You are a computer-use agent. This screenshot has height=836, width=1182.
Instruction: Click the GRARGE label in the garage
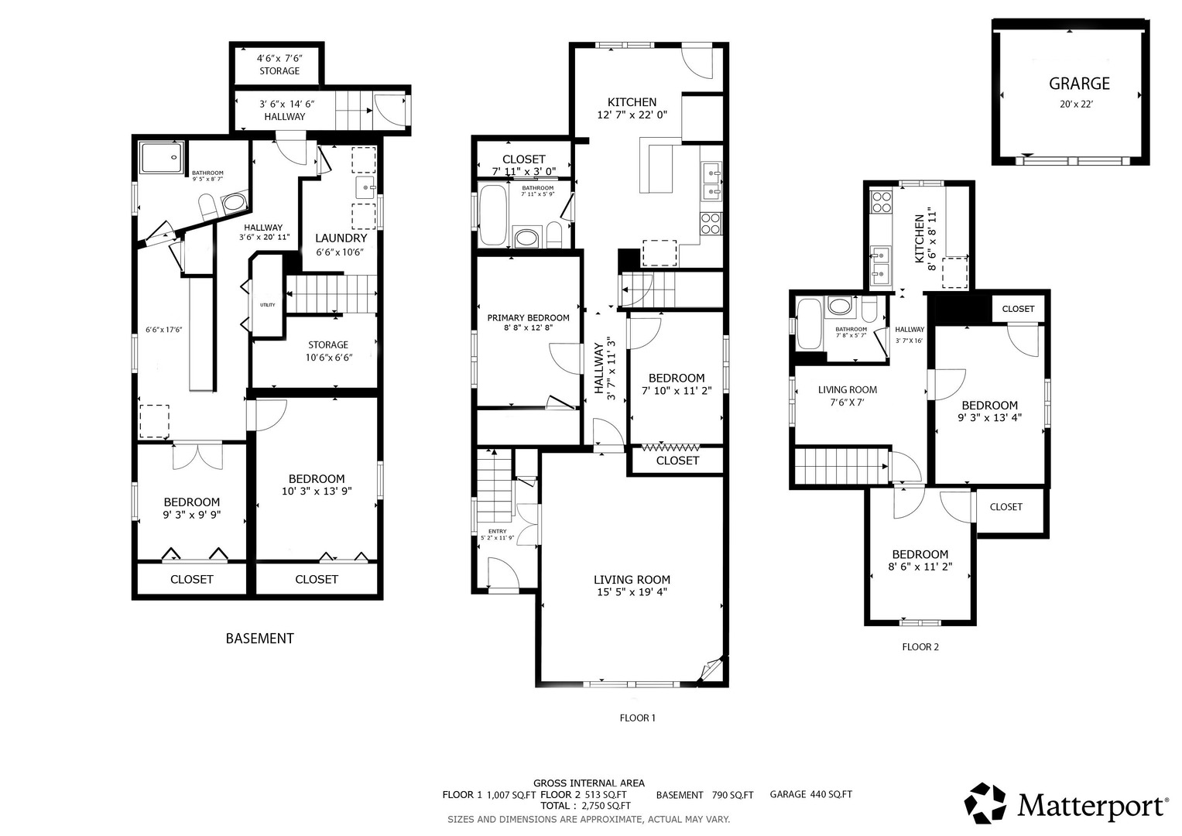[x=1079, y=84]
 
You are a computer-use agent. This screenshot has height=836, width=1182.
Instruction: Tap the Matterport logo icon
[x=985, y=803]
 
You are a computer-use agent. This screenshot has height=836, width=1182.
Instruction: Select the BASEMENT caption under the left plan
[x=259, y=639]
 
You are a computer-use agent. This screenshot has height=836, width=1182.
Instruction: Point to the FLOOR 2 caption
[x=920, y=647]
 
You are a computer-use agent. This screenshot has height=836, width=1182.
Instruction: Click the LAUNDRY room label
[x=341, y=238]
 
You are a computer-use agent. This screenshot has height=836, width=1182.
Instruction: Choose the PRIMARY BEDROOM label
[x=528, y=317]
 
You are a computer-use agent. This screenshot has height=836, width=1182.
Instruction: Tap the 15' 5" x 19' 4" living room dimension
[x=632, y=592]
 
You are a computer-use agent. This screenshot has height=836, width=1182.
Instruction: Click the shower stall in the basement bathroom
[x=163, y=156]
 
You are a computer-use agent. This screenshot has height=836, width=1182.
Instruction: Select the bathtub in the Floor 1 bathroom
[x=493, y=214]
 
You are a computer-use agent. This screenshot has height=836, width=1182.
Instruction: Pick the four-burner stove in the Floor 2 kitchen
[x=881, y=202]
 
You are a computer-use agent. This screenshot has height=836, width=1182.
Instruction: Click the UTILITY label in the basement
[x=268, y=305]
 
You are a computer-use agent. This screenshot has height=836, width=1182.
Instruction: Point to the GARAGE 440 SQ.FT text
[x=811, y=794]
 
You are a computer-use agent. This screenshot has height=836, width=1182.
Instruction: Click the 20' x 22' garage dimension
[x=1076, y=104]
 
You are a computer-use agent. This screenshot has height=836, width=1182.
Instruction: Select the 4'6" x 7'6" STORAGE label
[x=279, y=64]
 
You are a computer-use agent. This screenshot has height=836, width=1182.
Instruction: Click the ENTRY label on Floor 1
[x=498, y=532]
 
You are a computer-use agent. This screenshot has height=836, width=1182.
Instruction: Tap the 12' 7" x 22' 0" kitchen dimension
[x=632, y=115]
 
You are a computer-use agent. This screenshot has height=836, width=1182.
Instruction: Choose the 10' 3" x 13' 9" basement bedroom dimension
[x=317, y=492]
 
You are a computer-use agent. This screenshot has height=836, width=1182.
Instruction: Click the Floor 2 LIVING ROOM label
[x=848, y=390]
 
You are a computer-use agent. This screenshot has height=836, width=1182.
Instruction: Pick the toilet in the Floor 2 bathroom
[x=869, y=309]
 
